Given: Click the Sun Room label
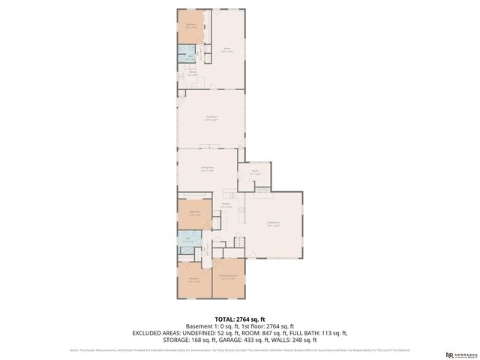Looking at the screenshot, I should pos(211,117).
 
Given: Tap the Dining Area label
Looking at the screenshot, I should pos(207,169).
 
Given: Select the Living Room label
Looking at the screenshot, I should pos(273,224).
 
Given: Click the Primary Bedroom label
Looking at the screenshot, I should pos(229,277).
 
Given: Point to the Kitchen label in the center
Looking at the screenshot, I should pos(225,206).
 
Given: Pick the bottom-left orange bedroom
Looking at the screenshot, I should pos(193,280).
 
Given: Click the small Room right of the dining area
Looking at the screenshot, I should pos(255,172).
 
